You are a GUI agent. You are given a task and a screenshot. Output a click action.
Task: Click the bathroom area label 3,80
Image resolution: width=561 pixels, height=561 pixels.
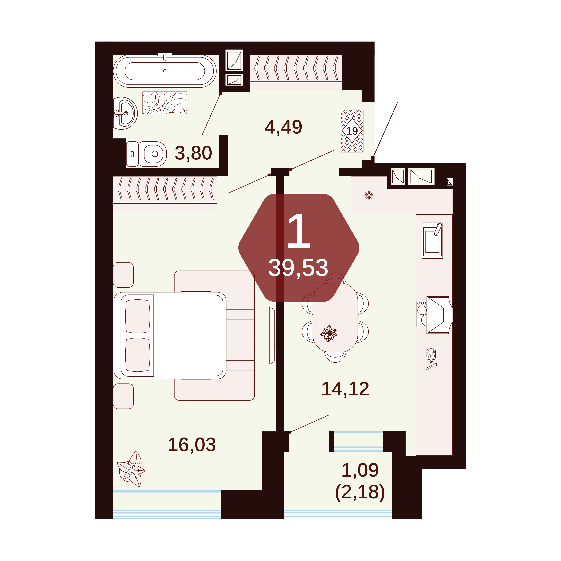[193, 153]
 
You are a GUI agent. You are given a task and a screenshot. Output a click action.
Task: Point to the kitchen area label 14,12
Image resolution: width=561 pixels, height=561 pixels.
[345, 389]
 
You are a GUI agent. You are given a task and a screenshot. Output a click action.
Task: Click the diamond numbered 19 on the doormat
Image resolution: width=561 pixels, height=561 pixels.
[352, 131]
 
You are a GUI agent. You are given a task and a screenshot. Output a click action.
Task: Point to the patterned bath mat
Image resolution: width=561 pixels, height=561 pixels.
[165, 103]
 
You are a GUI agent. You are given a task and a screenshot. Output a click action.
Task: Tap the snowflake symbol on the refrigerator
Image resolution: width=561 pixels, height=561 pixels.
[369, 195]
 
